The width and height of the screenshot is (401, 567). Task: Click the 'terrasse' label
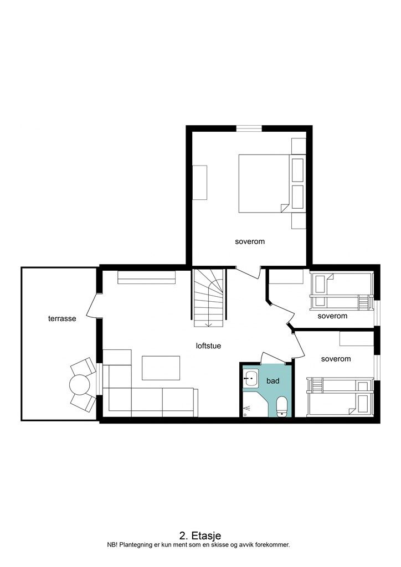click(62, 318)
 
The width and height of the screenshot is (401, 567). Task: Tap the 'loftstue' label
click(208, 346)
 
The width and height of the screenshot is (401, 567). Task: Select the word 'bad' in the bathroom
click(273, 381)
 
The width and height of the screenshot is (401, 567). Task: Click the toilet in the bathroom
click(282, 407)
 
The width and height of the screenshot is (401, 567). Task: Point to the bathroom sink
click(250, 379)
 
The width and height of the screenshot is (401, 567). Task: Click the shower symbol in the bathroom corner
click(247, 409)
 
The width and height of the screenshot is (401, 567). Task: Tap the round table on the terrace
click(80, 385)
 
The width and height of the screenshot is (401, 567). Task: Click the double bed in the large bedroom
click(264, 183)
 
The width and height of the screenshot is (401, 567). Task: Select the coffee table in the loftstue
click(161, 368)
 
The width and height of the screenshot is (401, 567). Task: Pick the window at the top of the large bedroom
click(249, 128)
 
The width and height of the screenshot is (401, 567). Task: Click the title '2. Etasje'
click(200, 535)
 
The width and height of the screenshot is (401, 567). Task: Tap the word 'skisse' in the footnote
click(214, 545)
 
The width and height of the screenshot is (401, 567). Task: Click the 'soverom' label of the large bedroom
click(250, 241)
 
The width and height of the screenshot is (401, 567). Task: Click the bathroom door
click(274, 358)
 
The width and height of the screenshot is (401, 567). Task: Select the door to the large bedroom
click(249, 272)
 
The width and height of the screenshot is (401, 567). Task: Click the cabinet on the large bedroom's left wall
click(199, 183)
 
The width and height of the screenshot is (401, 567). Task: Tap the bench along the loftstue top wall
click(146, 277)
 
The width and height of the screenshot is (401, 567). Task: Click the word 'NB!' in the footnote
click(112, 545)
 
